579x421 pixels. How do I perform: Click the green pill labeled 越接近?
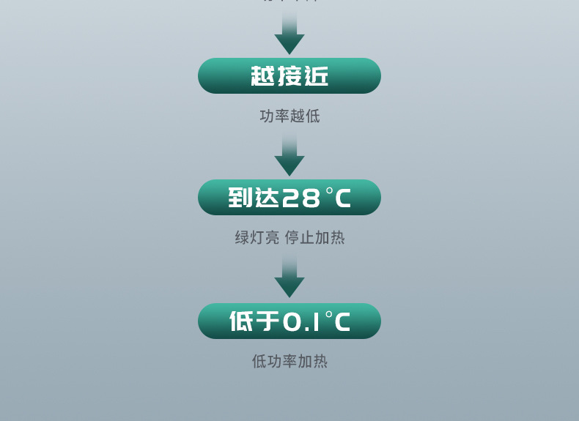pos(289,76)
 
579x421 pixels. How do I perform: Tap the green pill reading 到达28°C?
pos(289,198)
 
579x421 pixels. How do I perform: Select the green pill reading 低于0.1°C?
pos(289,321)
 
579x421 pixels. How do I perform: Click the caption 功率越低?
pos(289,116)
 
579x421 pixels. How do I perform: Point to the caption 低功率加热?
pos(289,361)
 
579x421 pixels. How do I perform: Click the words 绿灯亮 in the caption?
pos(257,238)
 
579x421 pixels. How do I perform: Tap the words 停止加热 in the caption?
pos(314,238)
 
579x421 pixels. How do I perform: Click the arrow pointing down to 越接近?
pos(289,33)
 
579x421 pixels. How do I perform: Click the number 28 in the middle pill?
pos(300,198)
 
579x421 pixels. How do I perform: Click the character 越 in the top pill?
pos(262,76)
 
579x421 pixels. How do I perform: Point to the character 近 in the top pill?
pos(317,76)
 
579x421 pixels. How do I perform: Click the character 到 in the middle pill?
pos(240,198)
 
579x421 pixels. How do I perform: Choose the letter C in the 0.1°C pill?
pos(342,322)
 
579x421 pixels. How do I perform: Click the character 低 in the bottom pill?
pos(241,321)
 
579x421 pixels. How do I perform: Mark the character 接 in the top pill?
pos(289,76)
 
